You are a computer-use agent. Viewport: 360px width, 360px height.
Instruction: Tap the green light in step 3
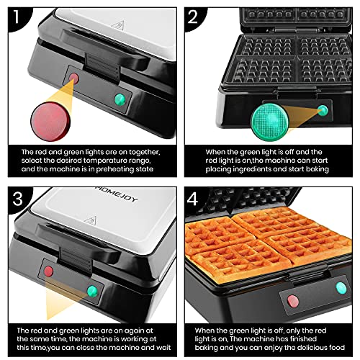[x=92, y=292]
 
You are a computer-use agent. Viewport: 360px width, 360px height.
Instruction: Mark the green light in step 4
[x=340, y=288]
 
